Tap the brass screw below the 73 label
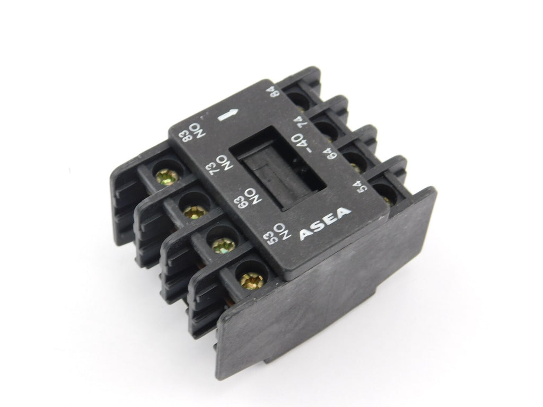(195, 210)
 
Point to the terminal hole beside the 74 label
(325, 127)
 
